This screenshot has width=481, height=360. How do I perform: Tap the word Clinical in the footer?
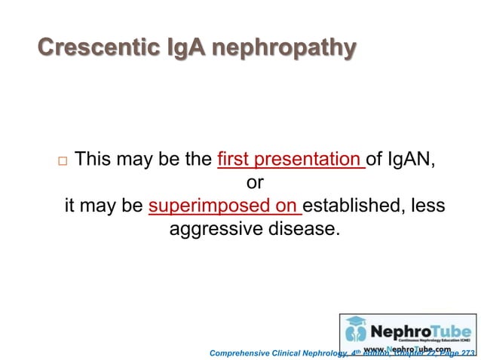click(297, 352)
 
